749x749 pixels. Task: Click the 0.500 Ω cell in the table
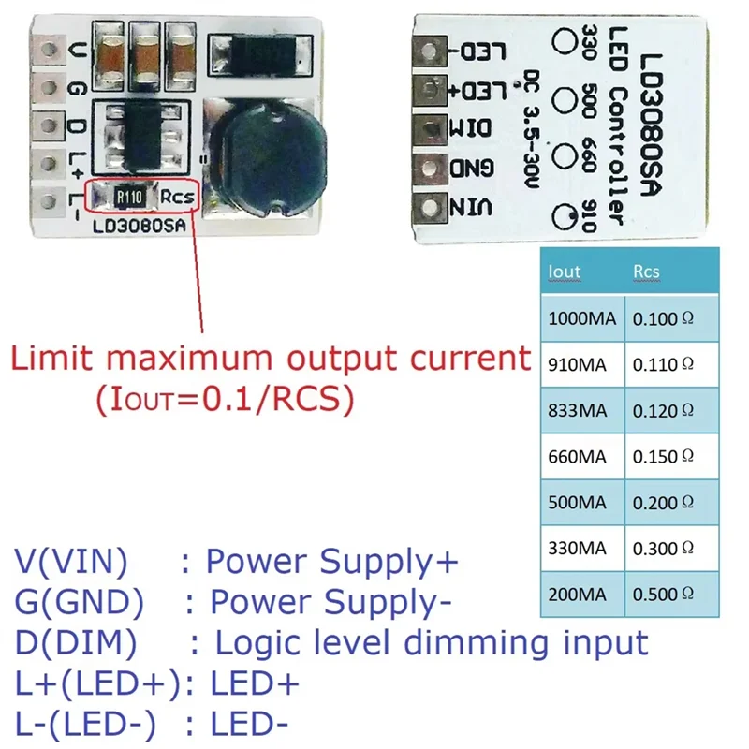tap(663, 594)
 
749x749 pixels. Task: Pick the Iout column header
tap(564, 272)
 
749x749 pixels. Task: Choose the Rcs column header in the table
tap(646, 272)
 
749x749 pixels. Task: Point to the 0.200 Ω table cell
tap(663, 502)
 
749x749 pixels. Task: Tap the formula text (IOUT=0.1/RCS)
tap(225, 400)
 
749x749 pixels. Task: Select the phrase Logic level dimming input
tap(431, 643)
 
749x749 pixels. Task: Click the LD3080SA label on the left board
tap(141, 225)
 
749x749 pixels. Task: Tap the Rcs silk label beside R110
tap(176, 197)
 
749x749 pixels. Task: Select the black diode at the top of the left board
tap(257, 56)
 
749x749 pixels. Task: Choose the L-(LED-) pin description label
tap(85, 724)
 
